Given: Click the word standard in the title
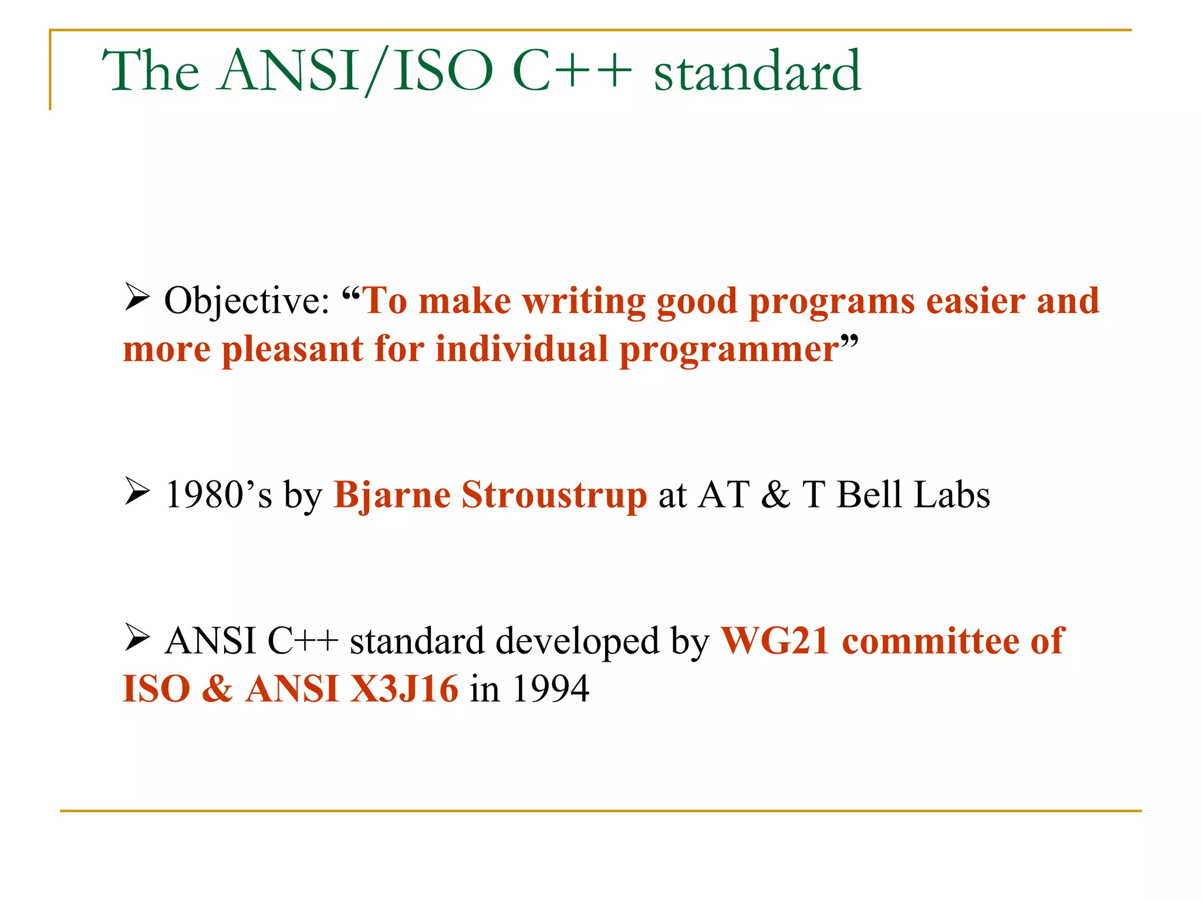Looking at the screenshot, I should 757,72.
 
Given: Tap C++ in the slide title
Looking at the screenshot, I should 572,72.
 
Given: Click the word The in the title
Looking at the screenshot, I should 151,72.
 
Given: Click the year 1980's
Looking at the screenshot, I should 218,495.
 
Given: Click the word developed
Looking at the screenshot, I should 578,642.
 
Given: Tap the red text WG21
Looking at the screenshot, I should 775,641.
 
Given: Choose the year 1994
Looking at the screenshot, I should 551,689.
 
